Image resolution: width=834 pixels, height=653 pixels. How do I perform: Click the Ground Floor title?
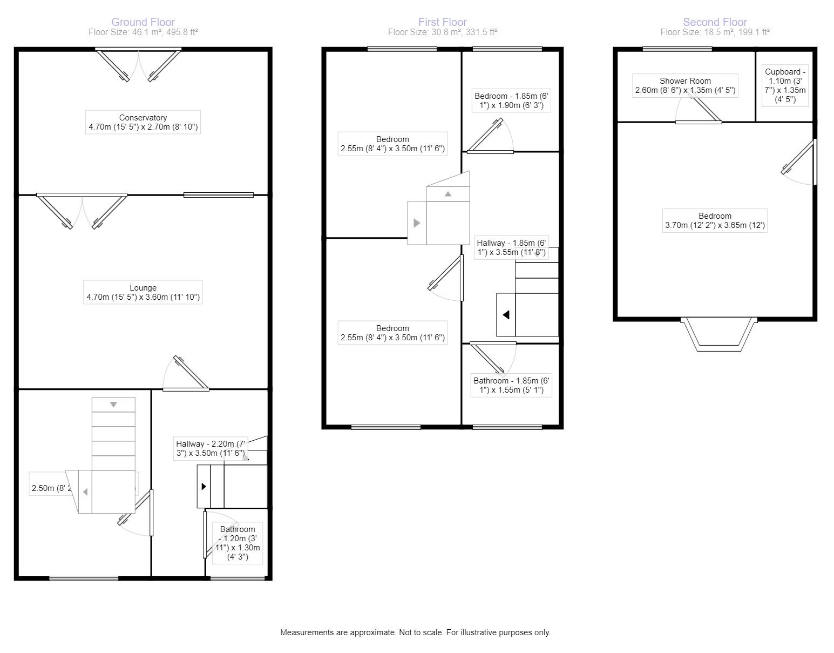[x=143, y=22]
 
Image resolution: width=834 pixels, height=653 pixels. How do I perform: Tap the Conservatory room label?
[x=143, y=123]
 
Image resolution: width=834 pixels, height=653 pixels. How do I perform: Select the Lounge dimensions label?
[x=143, y=292]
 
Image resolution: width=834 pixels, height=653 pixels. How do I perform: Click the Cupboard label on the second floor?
[x=785, y=85]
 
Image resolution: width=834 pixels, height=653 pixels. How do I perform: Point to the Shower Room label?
[x=685, y=86]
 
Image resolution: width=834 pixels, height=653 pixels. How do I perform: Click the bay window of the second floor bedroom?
[x=718, y=334]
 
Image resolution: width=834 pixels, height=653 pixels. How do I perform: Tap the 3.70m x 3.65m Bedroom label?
[x=715, y=221]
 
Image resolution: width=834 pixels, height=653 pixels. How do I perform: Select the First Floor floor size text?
[x=442, y=32]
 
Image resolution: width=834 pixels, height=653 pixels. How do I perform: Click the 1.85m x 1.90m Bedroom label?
[x=511, y=101]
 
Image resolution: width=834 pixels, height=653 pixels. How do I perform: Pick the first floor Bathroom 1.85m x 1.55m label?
[x=511, y=385]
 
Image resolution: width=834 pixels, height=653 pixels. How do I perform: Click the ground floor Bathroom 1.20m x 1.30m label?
[x=238, y=543]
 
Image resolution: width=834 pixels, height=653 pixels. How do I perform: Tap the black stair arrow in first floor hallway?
[x=506, y=314]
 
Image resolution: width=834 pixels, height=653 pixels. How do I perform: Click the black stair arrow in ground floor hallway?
[x=204, y=486]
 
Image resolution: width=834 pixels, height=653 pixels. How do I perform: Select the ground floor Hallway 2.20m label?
[x=211, y=448]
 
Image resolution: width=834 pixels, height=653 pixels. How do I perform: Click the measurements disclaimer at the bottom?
[x=415, y=632]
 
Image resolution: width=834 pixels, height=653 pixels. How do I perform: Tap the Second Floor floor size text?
[x=715, y=32]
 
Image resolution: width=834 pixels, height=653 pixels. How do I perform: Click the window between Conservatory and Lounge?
[x=218, y=195]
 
